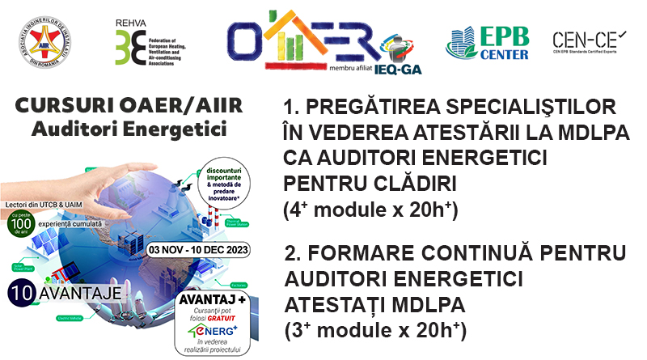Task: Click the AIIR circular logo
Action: click(x=40, y=40)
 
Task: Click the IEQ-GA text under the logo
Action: click(x=397, y=69)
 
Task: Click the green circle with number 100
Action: click(x=23, y=223)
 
